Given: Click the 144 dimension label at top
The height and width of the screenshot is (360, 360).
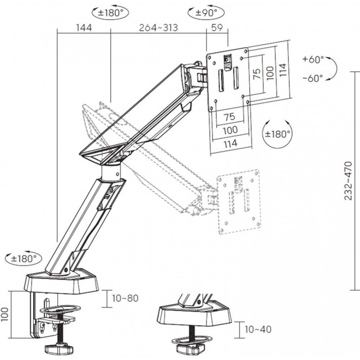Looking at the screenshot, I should pos(84,28).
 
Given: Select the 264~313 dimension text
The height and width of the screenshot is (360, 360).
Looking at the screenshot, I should pos(158,28).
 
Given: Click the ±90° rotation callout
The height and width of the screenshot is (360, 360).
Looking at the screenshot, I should pos(204,13).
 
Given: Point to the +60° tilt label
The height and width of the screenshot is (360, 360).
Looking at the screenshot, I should pos(313,59).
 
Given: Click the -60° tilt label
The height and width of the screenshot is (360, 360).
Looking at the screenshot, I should pos(313,78).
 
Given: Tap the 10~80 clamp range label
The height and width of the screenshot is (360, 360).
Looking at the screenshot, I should pos(125,298).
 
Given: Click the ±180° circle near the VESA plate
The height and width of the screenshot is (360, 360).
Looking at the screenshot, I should pos(278,134).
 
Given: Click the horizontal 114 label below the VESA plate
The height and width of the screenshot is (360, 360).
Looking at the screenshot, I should pos(230,143).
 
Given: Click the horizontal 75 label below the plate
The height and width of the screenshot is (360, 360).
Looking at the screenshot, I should pos(229,117).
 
